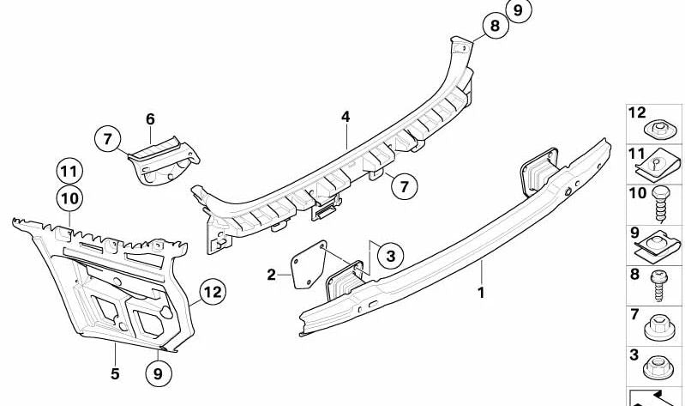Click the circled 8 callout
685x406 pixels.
pyautogui.click(x=496, y=26)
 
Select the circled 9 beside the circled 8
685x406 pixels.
pyautogui.click(x=518, y=9)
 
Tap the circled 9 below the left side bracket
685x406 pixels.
pyautogui.click(x=158, y=373)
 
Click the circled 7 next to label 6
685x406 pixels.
pyautogui.click(x=108, y=140)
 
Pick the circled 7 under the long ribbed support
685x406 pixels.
pyautogui.click(x=404, y=186)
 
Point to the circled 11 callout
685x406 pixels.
pyautogui.click(x=69, y=172)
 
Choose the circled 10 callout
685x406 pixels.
pyautogui.click(x=69, y=198)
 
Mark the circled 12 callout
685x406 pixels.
pyautogui.click(x=213, y=292)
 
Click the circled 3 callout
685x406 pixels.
pyautogui.click(x=391, y=256)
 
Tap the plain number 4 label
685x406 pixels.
pyautogui.click(x=346, y=117)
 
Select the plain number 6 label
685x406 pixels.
pyautogui.click(x=150, y=118)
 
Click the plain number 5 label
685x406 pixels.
pyautogui.click(x=115, y=373)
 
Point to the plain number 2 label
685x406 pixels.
pyautogui.click(x=271, y=275)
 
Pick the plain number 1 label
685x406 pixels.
pyautogui.click(x=481, y=293)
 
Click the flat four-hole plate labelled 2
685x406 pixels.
pyautogui.click(x=309, y=264)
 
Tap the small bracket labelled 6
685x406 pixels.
pyautogui.click(x=164, y=160)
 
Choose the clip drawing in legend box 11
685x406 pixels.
pyautogui.click(x=657, y=165)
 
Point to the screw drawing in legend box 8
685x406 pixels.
pyautogui.click(x=658, y=286)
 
